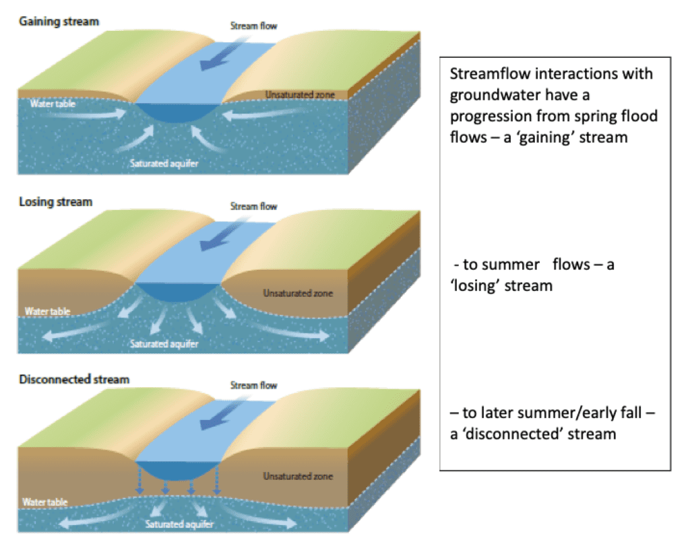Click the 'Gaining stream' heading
(59, 22)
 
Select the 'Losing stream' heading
(55, 202)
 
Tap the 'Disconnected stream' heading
(73, 380)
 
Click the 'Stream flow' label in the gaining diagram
(253, 26)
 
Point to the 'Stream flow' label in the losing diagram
(253, 206)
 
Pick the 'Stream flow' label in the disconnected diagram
(253, 386)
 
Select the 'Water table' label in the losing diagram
(48, 312)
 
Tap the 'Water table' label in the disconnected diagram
(46, 502)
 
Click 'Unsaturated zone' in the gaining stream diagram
(300, 95)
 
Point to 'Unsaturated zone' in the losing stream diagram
(297, 294)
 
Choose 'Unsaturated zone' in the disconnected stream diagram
(297, 477)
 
